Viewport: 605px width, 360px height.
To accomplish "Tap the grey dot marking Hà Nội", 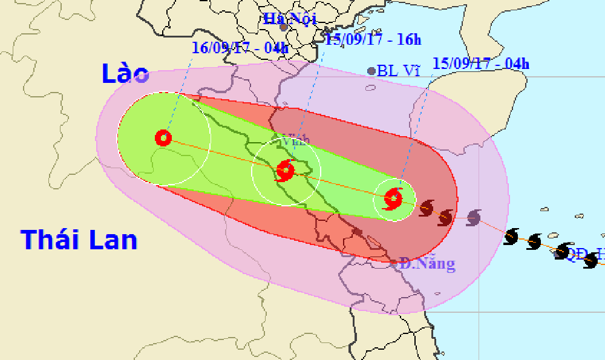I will pos(283,27).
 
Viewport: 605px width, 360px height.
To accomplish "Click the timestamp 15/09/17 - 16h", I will pos(373,40).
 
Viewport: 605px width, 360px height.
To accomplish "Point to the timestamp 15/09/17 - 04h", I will pos(481,63).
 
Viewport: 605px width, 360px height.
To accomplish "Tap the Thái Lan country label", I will pos(79,240).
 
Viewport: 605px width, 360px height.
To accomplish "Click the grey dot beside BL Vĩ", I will pos(371,71).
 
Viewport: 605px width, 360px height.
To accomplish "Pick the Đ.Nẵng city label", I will pos(427,264).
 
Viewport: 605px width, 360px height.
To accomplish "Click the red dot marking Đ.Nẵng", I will pos(394,263).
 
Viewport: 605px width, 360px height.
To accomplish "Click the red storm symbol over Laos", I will pos(163,138).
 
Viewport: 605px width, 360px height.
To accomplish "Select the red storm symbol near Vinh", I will pos(284,171).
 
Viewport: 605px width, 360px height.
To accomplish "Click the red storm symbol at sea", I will pos(393,198).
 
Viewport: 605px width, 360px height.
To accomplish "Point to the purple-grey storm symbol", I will pos(474,217).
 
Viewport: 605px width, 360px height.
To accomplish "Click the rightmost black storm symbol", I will pos(591,261).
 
